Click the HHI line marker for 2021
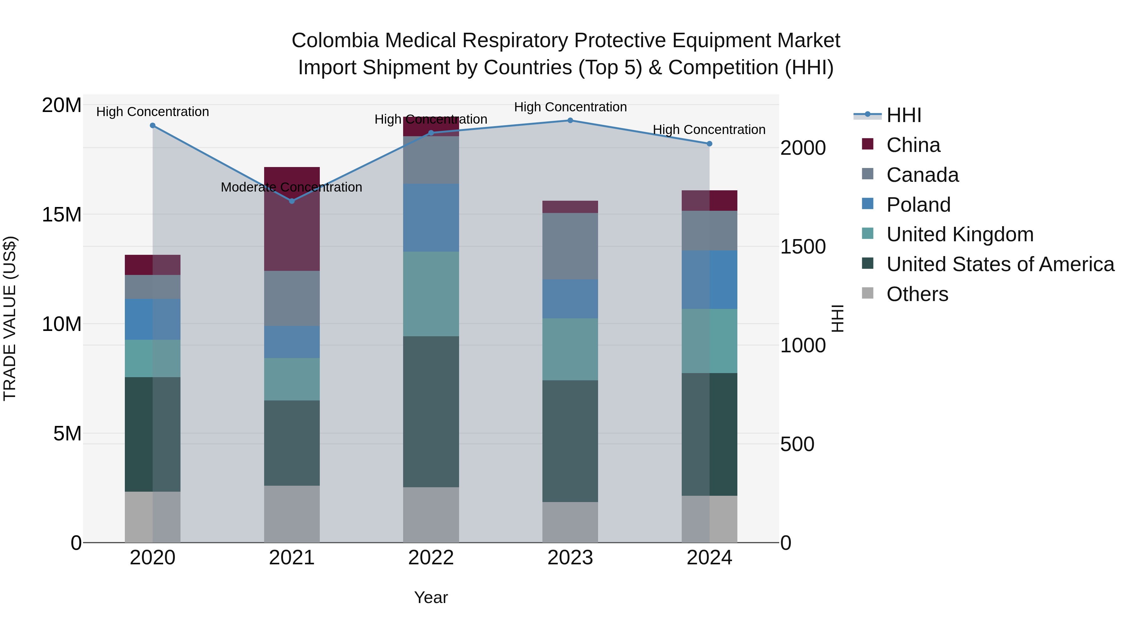click(x=292, y=201)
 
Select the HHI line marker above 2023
click(x=570, y=120)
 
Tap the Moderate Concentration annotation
click(x=291, y=187)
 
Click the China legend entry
click(x=913, y=145)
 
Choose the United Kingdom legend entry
click(x=959, y=234)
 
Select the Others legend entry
click(x=917, y=294)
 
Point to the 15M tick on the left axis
click(x=62, y=215)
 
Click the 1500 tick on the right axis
click(x=803, y=247)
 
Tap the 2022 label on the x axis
click(x=431, y=558)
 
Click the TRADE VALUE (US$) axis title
click(x=10, y=318)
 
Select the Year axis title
click(x=431, y=597)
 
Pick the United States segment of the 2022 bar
click(x=431, y=411)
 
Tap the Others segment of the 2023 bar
click(x=570, y=522)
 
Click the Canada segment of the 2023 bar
click(x=570, y=246)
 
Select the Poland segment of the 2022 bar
click(x=431, y=218)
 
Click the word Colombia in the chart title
click(x=335, y=41)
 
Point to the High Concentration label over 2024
click(x=709, y=130)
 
